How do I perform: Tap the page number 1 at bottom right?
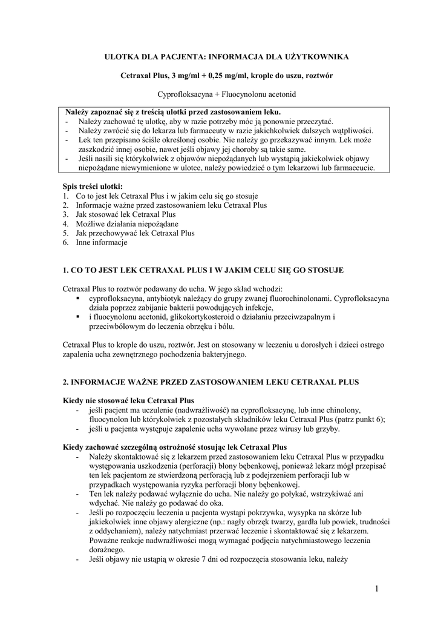pyautogui.click(x=376, y=589)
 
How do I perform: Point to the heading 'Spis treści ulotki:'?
pyautogui.click(x=93, y=186)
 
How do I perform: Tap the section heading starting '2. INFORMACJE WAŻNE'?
pyautogui.click(x=211, y=383)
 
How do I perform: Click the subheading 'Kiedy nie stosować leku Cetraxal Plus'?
pyautogui.click(x=128, y=401)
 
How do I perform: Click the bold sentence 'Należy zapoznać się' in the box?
pyautogui.click(x=173, y=113)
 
